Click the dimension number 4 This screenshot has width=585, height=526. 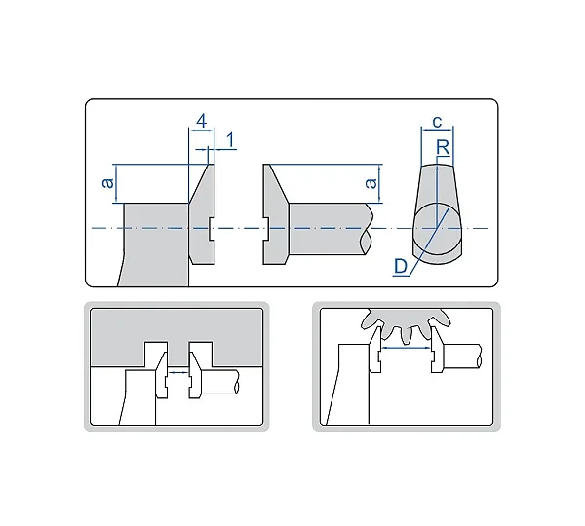(202, 121)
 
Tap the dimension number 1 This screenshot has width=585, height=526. (230, 140)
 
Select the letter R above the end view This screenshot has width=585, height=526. (443, 148)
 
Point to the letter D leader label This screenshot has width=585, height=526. (401, 267)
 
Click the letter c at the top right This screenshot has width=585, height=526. (437, 122)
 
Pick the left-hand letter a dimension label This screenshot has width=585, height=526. (108, 183)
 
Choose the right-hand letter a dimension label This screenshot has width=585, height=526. (370, 183)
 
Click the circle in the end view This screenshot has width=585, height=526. (437, 229)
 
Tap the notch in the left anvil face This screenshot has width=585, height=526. (211, 229)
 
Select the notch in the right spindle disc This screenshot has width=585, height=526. (266, 229)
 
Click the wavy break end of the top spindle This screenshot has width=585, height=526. (367, 229)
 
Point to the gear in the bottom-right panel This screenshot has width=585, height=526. (406, 324)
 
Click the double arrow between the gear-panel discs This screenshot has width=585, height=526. (406, 348)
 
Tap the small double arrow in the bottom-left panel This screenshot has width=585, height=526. (178, 372)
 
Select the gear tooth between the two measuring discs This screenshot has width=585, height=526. (406, 334)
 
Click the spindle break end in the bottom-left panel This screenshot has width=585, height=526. (236, 382)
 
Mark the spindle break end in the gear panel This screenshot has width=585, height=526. (479, 357)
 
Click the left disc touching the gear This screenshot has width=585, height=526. (376, 350)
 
